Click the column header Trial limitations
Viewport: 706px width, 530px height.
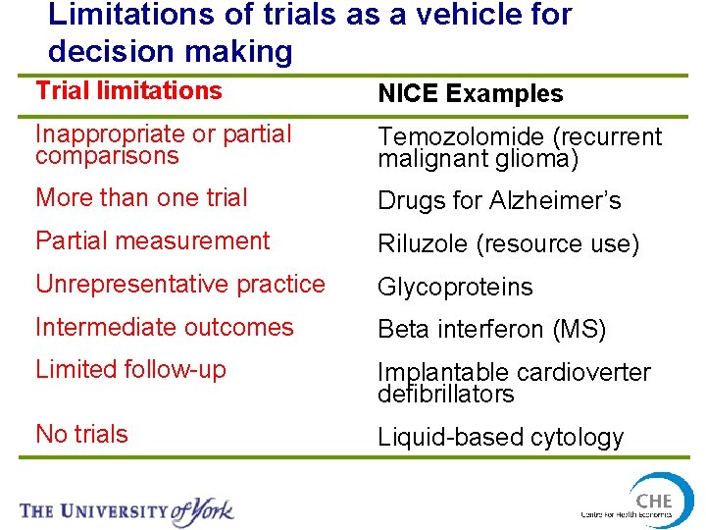[x=128, y=91]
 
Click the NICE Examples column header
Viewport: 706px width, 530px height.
[x=471, y=94]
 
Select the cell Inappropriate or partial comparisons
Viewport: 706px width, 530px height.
[x=164, y=145]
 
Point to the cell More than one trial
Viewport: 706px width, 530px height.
[x=141, y=197]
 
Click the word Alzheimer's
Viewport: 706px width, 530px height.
[x=562, y=201]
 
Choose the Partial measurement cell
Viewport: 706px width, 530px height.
[x=152, y=240]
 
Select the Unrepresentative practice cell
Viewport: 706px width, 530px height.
[x=179, y=284]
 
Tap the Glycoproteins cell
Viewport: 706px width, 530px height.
[x=455, y=288]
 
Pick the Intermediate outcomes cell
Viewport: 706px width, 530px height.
[x=164, y=327]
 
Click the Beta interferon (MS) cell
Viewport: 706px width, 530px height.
[x=492, y=331]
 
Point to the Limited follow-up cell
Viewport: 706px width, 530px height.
[x=130, y=370]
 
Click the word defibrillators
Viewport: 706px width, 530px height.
[x=445, y=395]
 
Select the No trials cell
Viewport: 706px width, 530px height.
[x=81, y=434]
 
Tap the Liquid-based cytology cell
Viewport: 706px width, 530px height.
[x=500, y=438]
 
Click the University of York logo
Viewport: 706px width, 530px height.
[x=126, y=510]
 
